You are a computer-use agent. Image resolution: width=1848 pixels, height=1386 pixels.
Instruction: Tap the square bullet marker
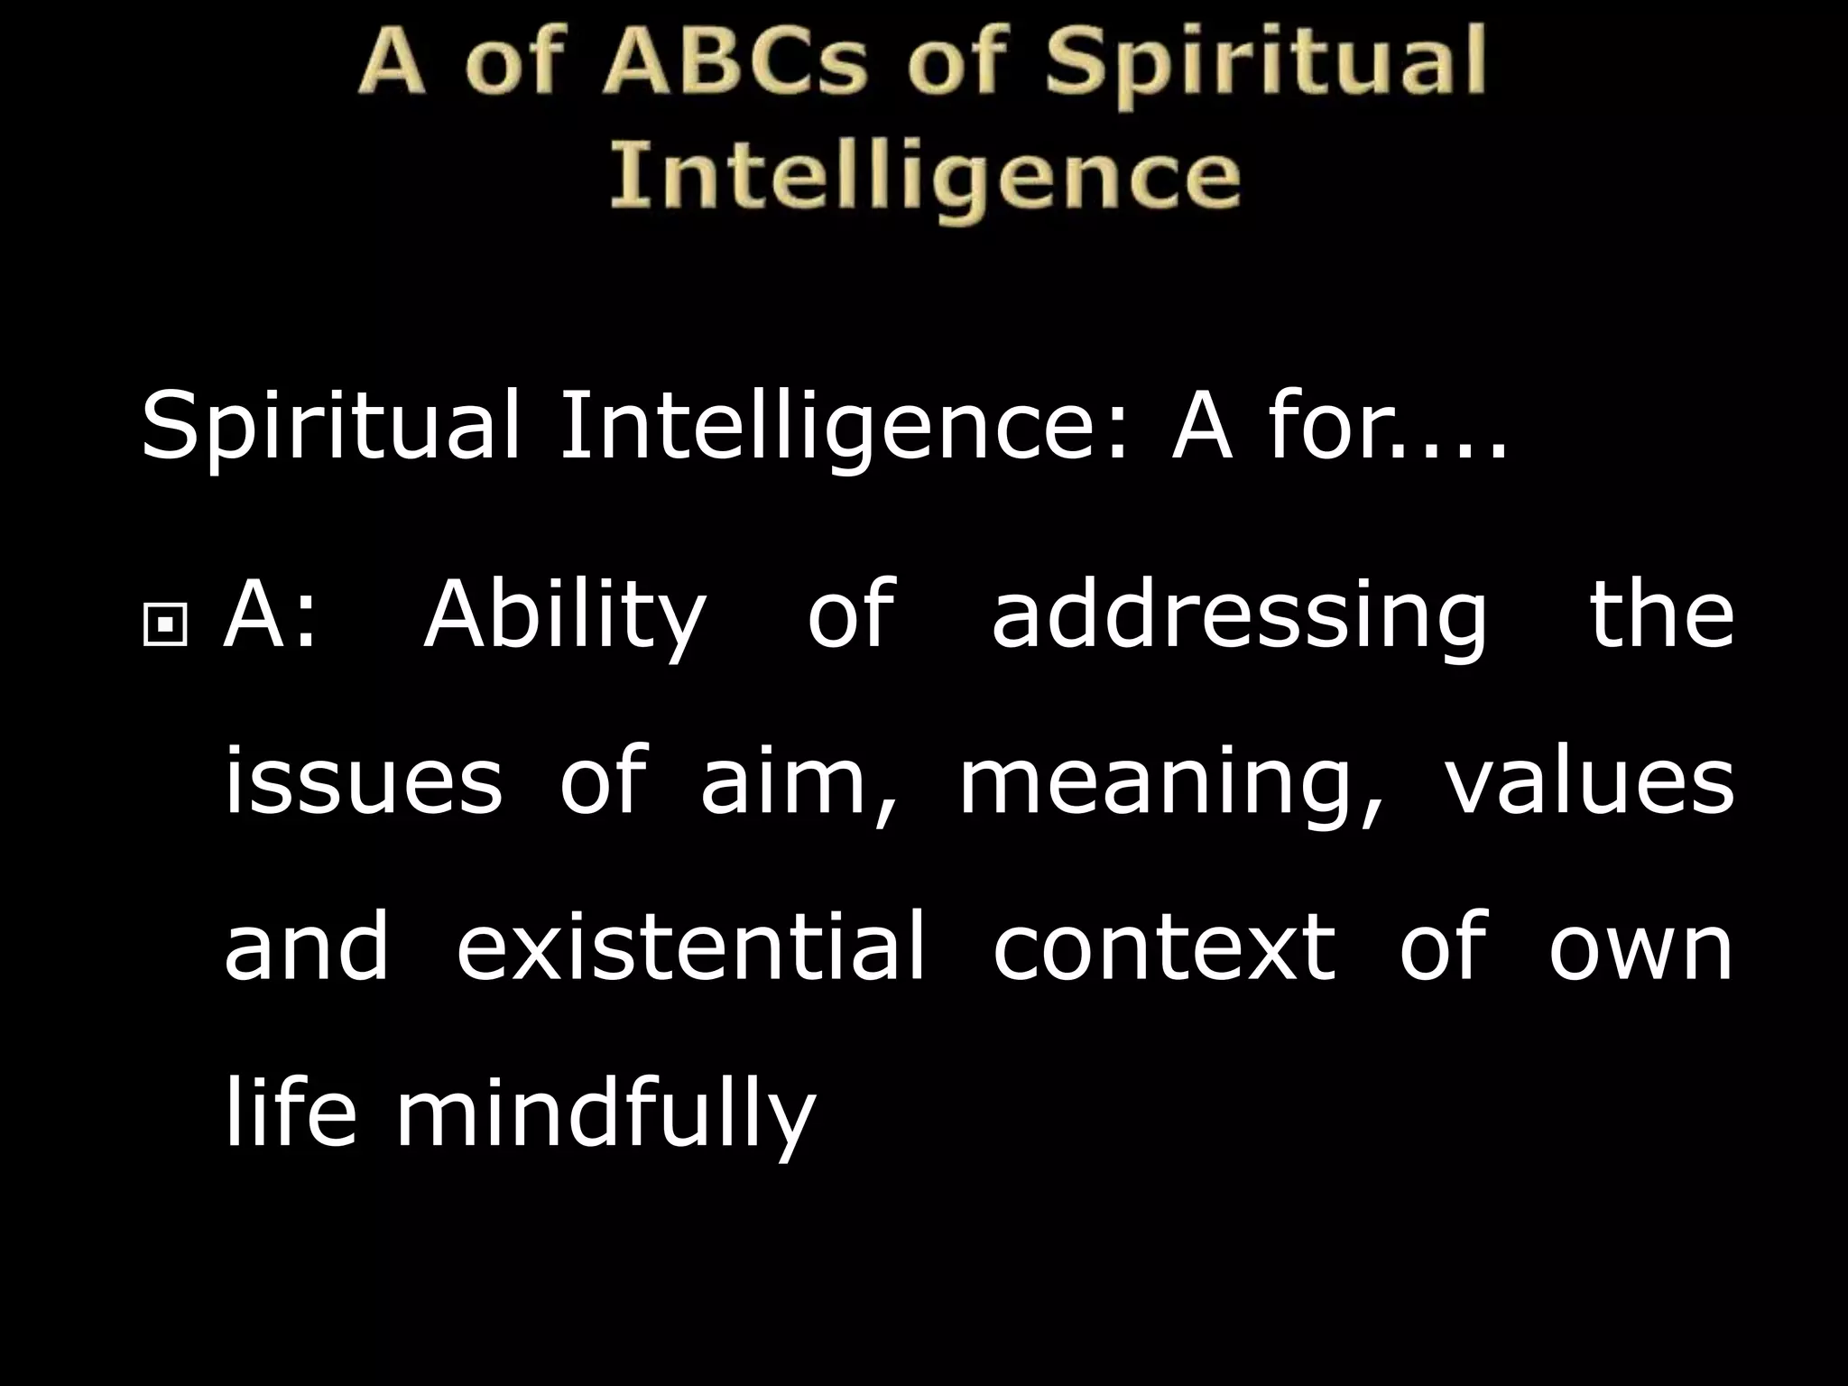pyautogui.click(x=164, y=623)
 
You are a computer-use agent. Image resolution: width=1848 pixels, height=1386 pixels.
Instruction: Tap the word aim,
pyautogui.click(x=799, y=781)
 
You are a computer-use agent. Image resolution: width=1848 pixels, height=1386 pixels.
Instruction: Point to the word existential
pyautogui.click(x=691, y=945)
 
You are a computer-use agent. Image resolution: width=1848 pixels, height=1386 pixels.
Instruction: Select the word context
pyautogui.click(x=1164, y=945)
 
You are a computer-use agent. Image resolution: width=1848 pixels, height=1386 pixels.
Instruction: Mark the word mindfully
pyautogui.click(x=605, y=1114)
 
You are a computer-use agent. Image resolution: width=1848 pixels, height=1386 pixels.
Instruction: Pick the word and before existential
pyautogui.click(x=307, y=945)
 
